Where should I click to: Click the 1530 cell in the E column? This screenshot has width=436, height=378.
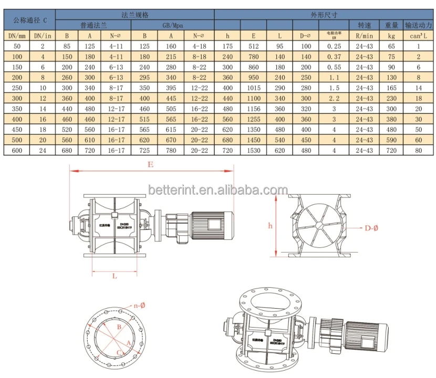click(254, 151)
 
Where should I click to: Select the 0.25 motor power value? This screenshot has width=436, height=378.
click(334, 46)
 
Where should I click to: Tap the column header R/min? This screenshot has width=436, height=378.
click(365, 36)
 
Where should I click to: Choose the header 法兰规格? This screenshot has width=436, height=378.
click(135, 15)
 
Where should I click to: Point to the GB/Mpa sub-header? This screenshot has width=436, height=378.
click(172, 25)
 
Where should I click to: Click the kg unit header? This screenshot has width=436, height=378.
click(391, 36)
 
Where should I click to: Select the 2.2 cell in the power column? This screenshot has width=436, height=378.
click(334, 98)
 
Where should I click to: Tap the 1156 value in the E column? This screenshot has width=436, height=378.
click(254, 109)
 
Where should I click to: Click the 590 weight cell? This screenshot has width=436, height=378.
click(391, 140)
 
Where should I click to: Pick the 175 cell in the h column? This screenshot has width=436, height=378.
click(227, 46)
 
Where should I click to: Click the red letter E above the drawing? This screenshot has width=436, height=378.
click(150, 164)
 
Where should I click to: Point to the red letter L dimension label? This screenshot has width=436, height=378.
click(114, 276)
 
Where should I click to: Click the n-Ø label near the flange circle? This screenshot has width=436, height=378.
click(139, 304)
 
